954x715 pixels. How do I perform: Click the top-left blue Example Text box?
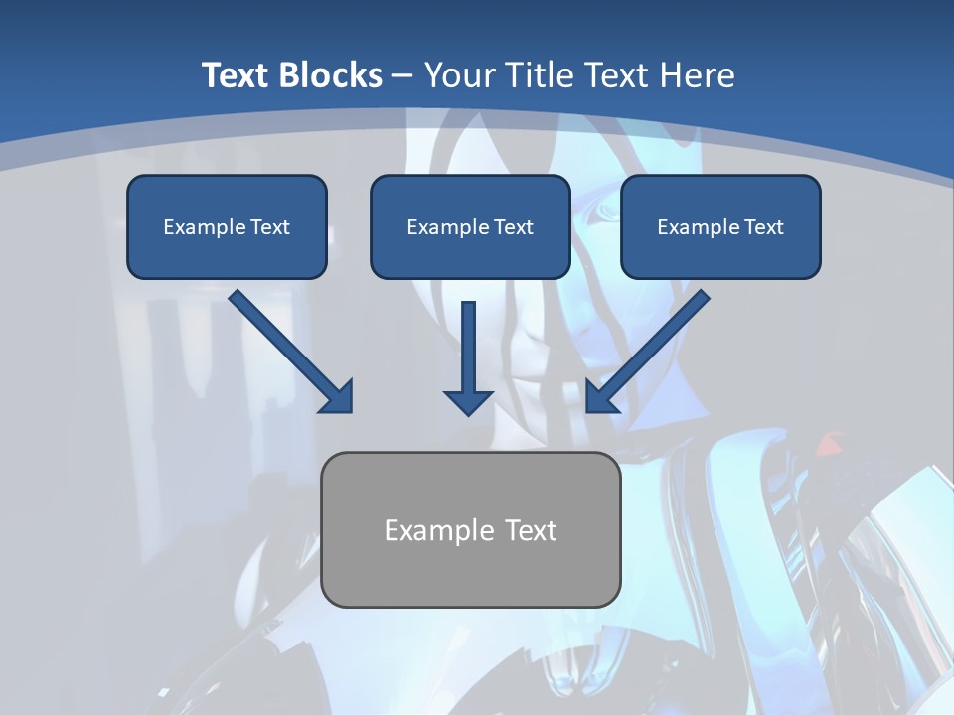227,227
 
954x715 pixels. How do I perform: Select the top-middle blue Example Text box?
470,227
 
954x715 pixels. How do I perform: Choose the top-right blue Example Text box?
720,227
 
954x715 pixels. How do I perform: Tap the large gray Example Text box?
471,530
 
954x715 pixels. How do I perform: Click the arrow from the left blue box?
288,349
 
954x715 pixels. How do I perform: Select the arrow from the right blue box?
651,349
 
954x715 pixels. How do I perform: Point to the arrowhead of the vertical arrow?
468,401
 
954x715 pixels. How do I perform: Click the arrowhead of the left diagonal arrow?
339,399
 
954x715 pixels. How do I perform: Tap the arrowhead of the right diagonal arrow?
599,399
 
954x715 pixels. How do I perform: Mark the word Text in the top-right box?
763,227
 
